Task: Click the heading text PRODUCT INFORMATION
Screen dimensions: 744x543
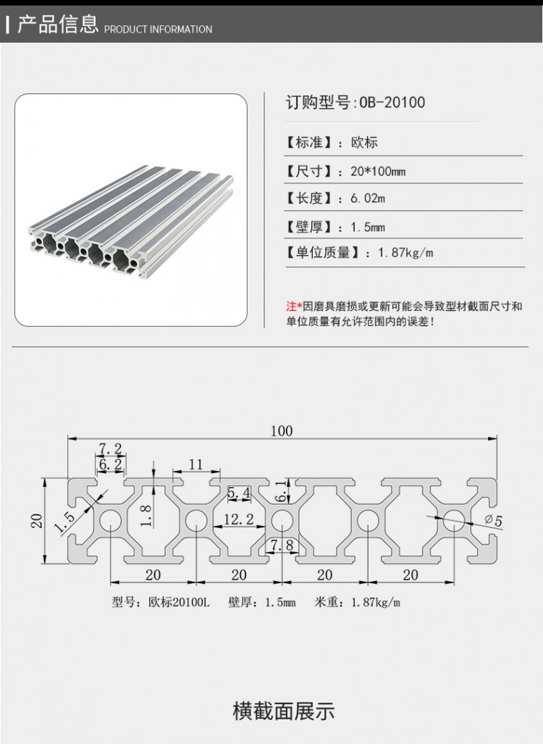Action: point(158,30)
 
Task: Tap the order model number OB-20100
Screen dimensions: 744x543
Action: point(392,103)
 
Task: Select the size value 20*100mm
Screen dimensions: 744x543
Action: point(378,172)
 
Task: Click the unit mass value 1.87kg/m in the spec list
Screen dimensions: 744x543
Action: point(405,253)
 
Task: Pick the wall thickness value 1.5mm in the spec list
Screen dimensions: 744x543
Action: point(368,227)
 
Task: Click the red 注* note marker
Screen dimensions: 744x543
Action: point(293,306)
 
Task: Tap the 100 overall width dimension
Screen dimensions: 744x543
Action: point(282,431)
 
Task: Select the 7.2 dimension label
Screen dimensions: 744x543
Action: point(110,449)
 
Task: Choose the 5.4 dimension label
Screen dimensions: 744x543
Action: point(239,493)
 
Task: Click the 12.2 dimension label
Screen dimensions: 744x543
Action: point(238,519)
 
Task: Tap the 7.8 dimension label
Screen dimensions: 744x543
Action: point(282,545)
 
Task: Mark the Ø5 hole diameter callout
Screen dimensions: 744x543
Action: point(492,520)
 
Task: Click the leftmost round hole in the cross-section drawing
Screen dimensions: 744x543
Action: point(111,520)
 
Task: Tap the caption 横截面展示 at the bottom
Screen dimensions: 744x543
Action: point(283,711)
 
